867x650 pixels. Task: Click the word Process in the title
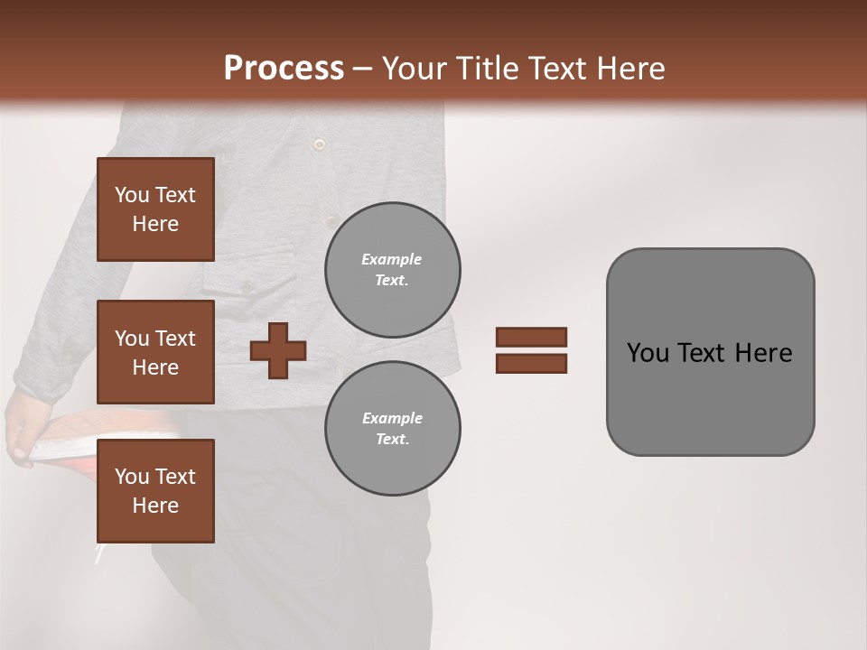(284, 69)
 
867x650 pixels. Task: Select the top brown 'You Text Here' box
(155, 209)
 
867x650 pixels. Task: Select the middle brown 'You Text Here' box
(155, 352)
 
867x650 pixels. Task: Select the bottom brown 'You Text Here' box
(155, 491)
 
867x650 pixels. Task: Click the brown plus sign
(278, 350)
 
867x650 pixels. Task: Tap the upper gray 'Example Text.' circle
(392, 270)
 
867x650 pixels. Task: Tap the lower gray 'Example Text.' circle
(392, 429)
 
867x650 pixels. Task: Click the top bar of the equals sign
(531, 337)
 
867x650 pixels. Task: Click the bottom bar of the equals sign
(531, 363)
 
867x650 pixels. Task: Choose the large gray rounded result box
(710, 352)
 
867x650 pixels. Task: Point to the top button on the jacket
(318, 144)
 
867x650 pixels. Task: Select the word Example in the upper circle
(392, 259)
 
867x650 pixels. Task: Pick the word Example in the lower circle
(392, 418)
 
